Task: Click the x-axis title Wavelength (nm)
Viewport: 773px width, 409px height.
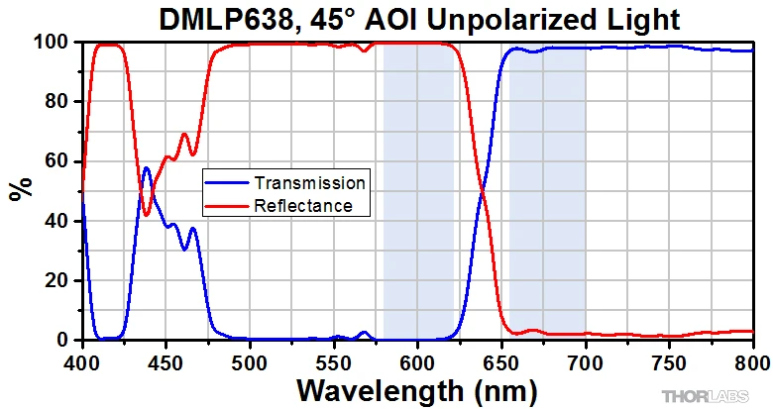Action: pos(417,389)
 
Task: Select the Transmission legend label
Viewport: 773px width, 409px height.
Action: pos(309,183)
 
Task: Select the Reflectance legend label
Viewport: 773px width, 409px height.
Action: pos(303,206)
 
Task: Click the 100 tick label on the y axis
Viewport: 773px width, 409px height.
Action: pos(51,43)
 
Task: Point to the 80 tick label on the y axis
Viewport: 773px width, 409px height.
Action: pos(55,102)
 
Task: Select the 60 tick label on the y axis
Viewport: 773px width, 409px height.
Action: pos(55,161)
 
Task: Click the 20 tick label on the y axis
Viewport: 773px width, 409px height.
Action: pos(55,280)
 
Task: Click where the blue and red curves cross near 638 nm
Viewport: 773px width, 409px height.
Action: pos(483,190)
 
